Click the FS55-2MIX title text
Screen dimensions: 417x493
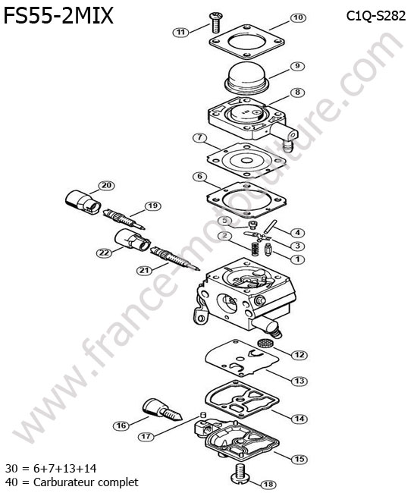click(58, 16)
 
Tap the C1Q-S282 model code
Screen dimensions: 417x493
click(376, 16)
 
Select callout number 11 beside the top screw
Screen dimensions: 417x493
click(180, 32)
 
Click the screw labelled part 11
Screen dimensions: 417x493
click(216, 22)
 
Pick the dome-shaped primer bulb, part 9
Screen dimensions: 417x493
click(248, 78)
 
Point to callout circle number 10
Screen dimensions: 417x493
click(298, 17)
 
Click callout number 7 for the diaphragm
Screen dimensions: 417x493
click(200, 138)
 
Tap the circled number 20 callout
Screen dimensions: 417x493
click(107, 186)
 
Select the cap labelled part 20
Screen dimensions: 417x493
click(83, 203)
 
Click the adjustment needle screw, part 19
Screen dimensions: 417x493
click(124, 218)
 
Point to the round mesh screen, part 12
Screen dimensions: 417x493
click(265, 342)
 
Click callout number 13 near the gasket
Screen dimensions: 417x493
click(299, 381)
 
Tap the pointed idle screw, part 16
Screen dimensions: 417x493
click(162, 410)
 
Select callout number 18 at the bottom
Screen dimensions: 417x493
click(268, 485)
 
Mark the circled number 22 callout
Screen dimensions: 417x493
click(105, 253)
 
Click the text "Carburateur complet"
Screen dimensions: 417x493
click(86, 482)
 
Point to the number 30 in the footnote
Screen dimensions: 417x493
click(11, 469)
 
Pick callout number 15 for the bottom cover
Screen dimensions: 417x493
click(299, 459)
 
